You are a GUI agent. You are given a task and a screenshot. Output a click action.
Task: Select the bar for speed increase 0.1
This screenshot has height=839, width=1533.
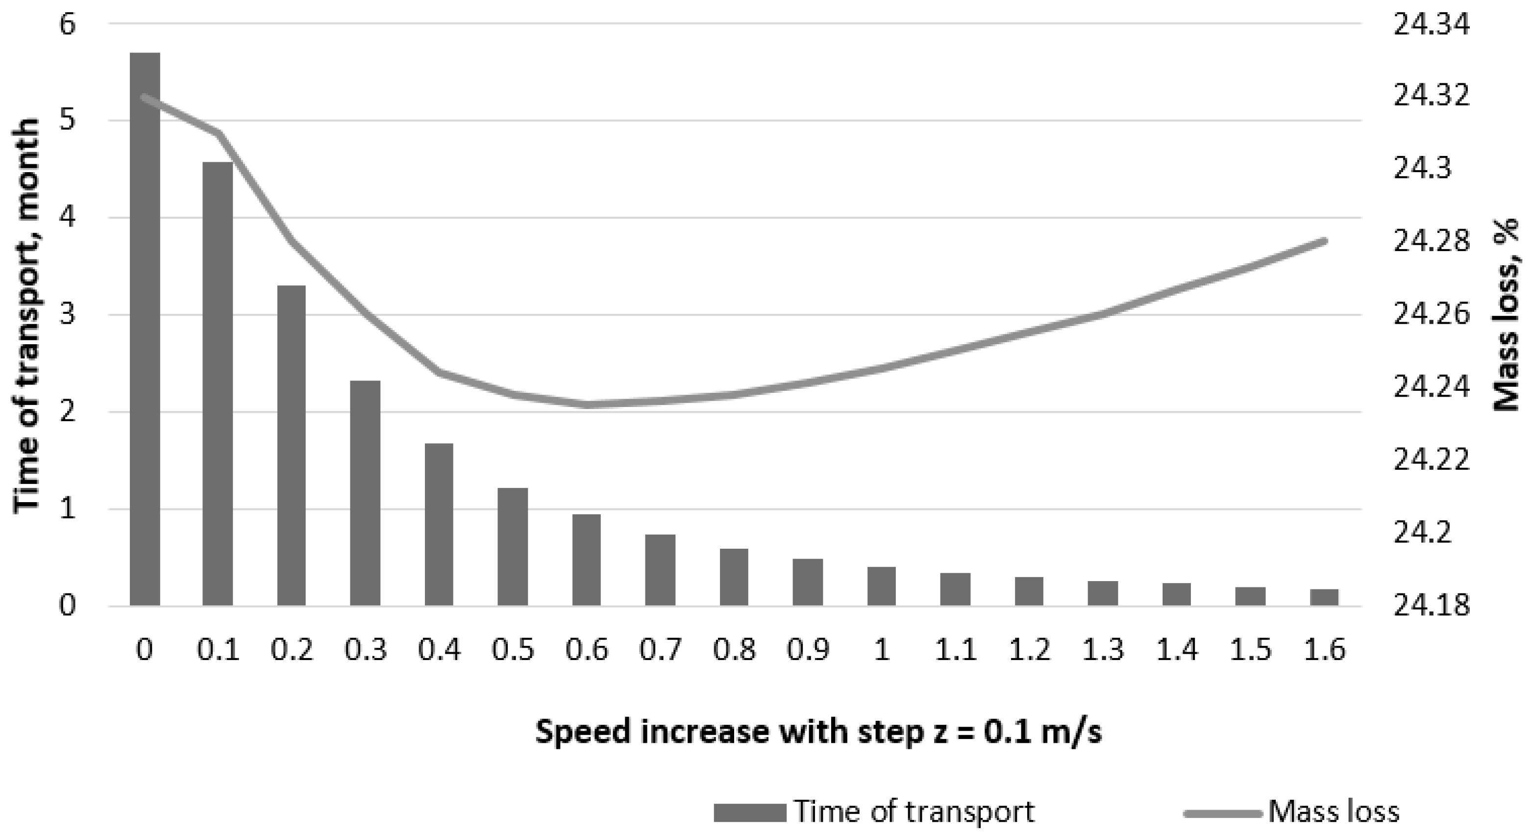click(x=218, y=383)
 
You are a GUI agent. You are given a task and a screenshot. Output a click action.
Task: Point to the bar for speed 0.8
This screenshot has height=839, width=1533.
click(x=734, y=577)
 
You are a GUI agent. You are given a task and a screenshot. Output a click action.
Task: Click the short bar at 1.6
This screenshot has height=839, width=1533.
click(x=1324, y=597)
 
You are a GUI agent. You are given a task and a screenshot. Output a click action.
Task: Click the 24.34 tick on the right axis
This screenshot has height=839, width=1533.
click(x=1431, y=25)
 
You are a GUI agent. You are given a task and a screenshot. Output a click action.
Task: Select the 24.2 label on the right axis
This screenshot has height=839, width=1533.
click(x=1422, y=533)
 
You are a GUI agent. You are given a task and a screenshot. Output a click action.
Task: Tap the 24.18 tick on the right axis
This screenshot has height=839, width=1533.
click(x=1431, y=606)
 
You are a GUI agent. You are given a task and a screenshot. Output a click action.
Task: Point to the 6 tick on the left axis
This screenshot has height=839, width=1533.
click(x=67, y=25)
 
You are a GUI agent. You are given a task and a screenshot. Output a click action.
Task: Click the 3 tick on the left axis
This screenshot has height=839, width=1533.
click(x=67, y=315)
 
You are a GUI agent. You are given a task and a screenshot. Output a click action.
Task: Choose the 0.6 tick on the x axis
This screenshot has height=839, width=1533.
click(x=586, y=649)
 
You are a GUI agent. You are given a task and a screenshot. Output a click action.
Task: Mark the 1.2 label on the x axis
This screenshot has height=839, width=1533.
click(x=1029, y=649)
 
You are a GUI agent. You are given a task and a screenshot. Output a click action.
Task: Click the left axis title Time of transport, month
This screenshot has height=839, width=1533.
click(x=27, y=316)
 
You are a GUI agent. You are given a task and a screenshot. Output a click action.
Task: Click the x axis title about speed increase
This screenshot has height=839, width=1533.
click(x=818, y=731)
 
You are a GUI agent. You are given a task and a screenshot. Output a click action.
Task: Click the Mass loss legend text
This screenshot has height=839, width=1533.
click(x=1334, y=812)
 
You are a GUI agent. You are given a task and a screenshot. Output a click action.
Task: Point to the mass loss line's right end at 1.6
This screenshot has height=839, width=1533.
click(x=1324, y=241)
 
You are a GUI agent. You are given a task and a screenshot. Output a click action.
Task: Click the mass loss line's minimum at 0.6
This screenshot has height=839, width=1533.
click(x=586, y=405)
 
